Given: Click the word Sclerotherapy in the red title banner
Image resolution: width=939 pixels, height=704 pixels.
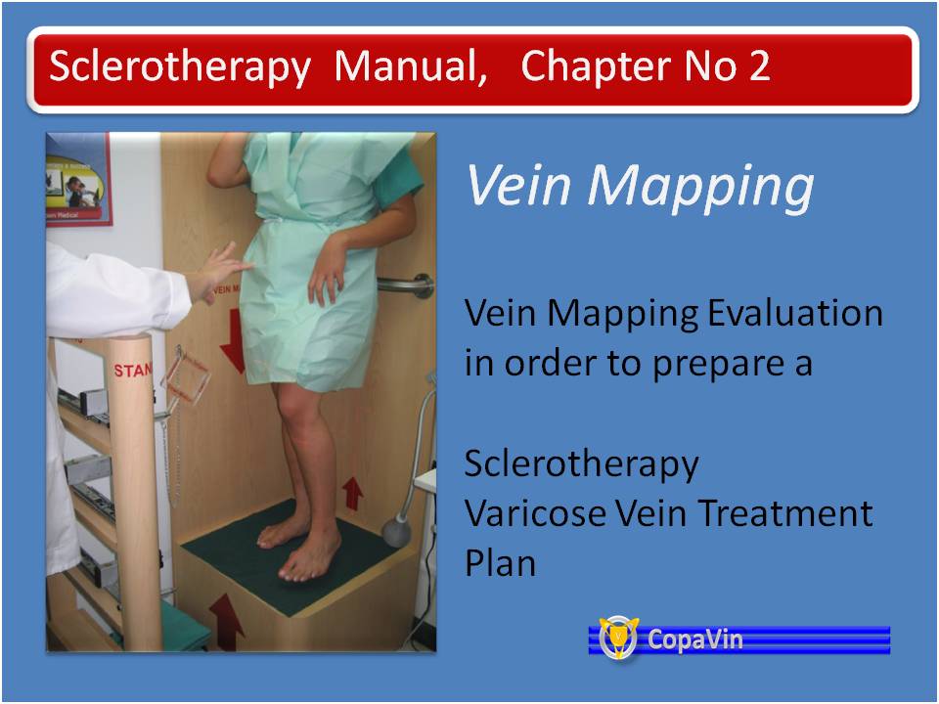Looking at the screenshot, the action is [180, 67].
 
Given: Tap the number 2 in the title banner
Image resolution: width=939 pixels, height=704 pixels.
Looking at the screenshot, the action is [759, 66].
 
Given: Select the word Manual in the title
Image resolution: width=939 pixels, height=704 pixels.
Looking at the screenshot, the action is [410, 66].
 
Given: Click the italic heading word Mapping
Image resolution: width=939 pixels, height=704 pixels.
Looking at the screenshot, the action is [699, 186].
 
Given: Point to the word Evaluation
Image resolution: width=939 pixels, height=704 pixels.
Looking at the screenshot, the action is [794, 313].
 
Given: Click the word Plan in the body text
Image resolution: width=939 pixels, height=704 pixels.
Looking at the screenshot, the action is [500, 563].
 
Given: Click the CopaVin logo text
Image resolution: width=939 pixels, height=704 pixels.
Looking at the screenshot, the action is [694, 639].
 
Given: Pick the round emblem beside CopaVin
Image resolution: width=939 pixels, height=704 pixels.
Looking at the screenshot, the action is [618, 638].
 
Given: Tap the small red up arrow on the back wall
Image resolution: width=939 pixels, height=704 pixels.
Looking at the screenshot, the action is [353, 493].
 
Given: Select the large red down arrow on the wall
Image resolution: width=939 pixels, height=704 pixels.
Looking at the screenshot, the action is [233, 341].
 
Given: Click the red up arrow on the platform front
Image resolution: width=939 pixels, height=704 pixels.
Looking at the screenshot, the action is [226, 622].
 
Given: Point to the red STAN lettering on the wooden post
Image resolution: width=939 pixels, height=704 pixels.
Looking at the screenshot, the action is [133, 370].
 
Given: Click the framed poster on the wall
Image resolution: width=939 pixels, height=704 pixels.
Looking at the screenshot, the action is [78, 180].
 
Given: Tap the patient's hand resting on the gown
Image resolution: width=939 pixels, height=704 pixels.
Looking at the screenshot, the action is [328, 268].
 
